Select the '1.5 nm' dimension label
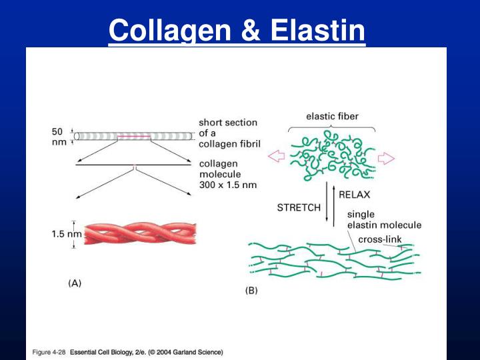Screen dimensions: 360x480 [67, 234]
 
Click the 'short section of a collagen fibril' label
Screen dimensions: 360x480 [228, 134]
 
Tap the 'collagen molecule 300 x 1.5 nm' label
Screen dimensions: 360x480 [229, 174]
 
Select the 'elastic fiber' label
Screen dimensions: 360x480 [332, 116]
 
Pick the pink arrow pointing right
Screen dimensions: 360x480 [386, 158]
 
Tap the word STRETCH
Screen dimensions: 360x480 [299, 207]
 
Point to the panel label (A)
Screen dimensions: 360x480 [75, 283]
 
